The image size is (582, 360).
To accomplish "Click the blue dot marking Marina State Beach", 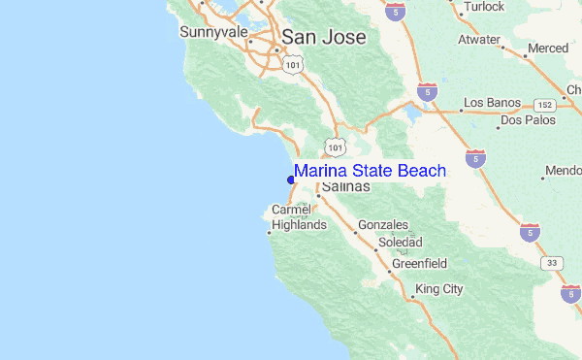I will [x=291, y=179].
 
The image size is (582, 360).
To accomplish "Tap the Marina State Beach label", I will [x=370, y=171].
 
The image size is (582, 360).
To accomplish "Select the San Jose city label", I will [x=324, y=38].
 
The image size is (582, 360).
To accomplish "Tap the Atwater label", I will [x=479, y=40].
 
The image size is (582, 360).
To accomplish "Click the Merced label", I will [x=548, y=49].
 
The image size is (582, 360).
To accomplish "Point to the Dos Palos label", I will [x=528, y=121].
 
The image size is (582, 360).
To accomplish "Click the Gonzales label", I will [x=383, y=225].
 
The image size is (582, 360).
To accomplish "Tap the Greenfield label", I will [x=419, y=263].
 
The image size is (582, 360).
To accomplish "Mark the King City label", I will [x=439, y=289].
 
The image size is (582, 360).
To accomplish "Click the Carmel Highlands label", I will [x=298, y=217].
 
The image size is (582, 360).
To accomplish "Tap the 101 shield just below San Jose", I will [x=293, y=63].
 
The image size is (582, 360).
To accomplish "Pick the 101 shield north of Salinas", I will [x=335, y=147].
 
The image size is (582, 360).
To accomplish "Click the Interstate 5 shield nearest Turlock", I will [x=394, y=12].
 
